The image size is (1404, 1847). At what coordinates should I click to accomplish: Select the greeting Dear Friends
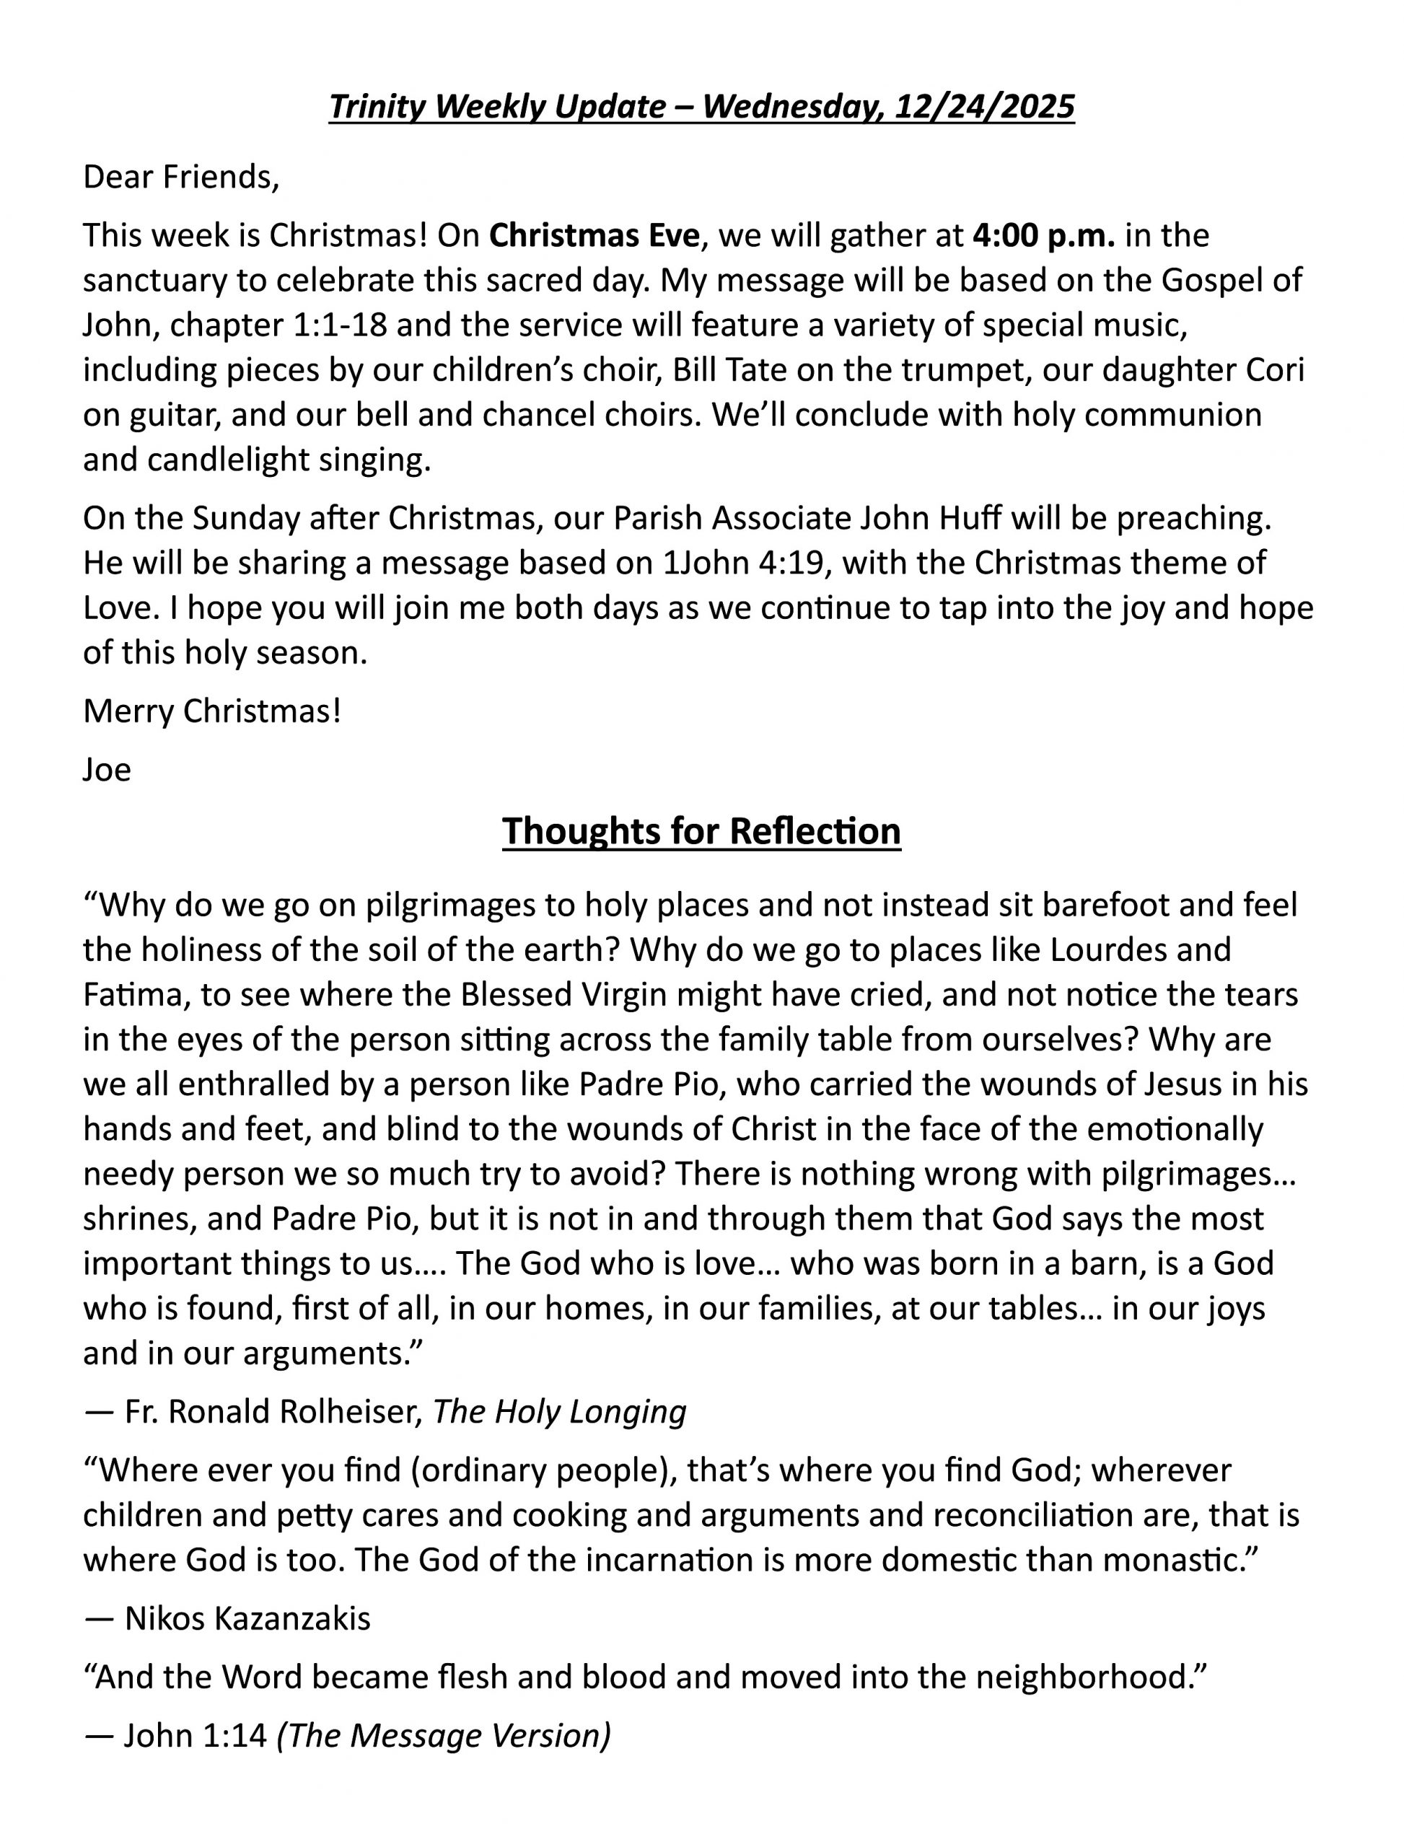point(180,177)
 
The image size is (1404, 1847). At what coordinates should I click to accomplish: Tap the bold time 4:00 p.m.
point(1044,236)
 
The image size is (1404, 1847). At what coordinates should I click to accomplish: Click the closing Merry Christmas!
point(212,711)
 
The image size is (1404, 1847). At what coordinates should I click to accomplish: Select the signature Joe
point(107,769)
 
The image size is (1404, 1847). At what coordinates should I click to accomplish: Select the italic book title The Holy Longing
point(559,1411)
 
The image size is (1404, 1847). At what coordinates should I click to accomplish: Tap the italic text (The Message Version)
point(444,1735)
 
